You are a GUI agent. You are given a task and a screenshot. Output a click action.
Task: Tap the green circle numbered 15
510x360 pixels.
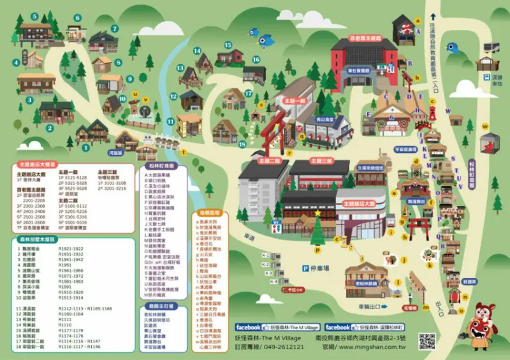coord(228,45)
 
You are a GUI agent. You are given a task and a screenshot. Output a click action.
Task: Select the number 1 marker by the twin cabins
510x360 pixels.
coord(85,148)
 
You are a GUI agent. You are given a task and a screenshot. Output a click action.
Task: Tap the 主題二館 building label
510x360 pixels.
coord(270,162)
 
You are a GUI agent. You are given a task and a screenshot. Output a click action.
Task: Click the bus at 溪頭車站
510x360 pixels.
coord(492,47)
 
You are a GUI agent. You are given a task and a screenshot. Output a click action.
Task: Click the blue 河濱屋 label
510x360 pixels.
coord(115,153)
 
